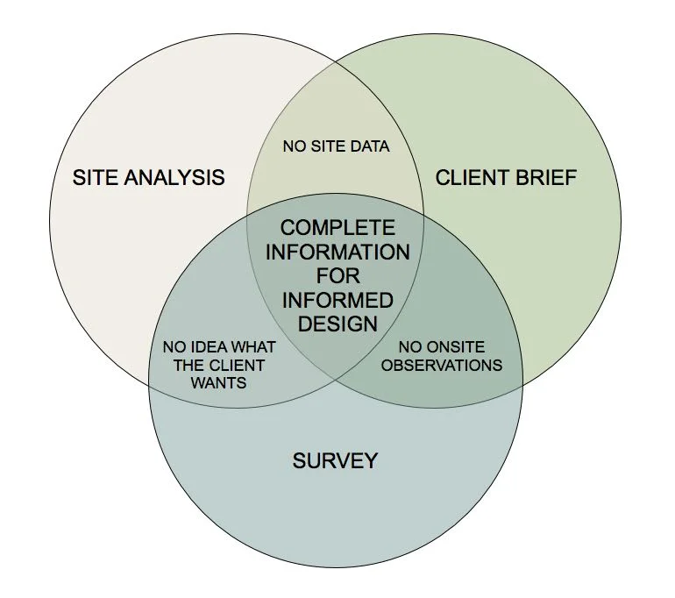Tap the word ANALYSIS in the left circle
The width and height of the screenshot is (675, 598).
174,177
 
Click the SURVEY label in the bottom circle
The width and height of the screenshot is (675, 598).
335,459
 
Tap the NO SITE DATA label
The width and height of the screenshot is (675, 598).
336,146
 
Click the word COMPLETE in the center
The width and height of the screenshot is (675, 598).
337,228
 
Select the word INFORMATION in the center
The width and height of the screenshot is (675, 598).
337,253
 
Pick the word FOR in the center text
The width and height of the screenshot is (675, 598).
337,276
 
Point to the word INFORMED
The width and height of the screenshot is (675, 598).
337,300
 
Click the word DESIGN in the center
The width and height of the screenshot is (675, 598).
337,324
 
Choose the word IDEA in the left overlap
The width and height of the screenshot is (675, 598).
203,347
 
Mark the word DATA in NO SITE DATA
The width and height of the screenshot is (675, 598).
371,146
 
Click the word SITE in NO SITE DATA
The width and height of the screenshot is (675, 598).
329,146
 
